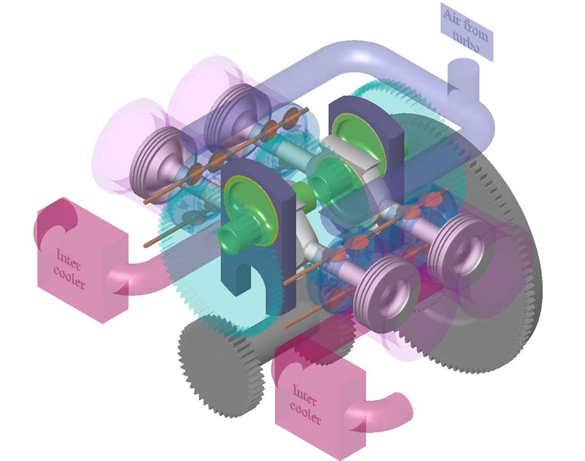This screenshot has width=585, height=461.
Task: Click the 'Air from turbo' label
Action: pyautogui.click(x=466, y=32)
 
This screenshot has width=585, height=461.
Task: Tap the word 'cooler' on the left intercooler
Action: pyautogui.click(x=70, y=277)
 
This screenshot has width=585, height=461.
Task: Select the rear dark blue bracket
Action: pyautogui.click(x=366, y=149)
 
